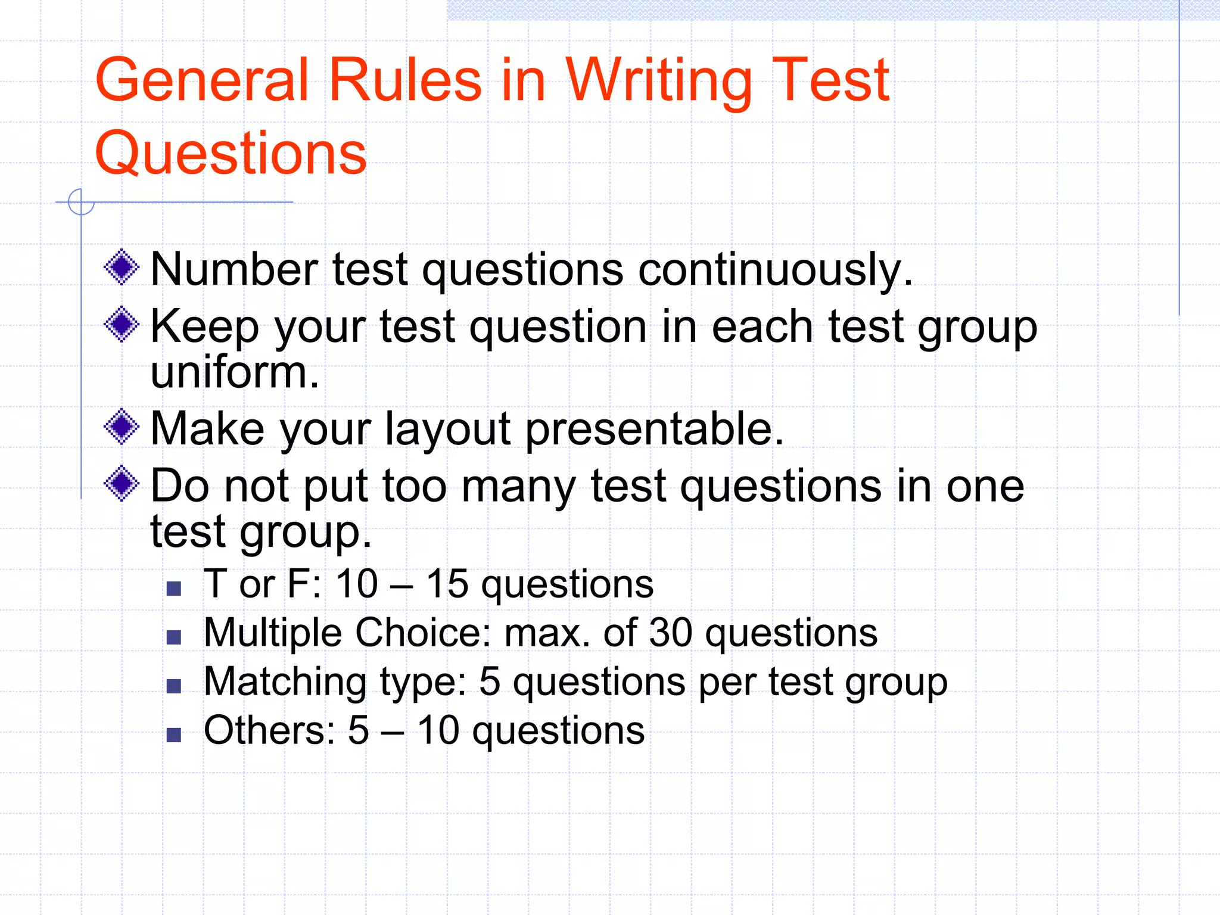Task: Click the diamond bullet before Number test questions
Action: (122, 267)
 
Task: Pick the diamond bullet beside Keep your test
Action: (122, 325)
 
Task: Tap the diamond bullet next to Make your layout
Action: (122, 427)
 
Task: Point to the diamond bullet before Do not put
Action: (122, 483)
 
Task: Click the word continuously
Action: (775, 269)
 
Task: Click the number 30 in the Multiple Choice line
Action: (670, 633)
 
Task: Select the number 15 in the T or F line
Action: (447, 584)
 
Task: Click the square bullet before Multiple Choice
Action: (174, 638)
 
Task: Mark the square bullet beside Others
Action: (174, 735)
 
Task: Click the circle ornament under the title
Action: (81, 202)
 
